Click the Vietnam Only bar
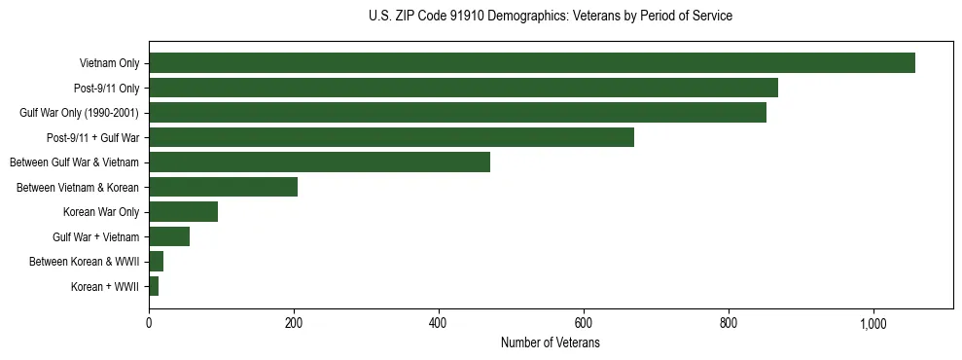pos(532,63)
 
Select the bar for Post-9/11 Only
pos(463,88)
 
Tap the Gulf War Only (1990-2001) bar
pos(457,113)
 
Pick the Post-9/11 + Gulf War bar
pos(391,137)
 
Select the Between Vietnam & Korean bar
pos(223,187)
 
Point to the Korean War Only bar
pos(183,212)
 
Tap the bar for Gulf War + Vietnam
pos(169,236)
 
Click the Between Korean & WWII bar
pos(156,262)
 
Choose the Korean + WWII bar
pos(154,286)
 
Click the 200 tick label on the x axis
pos(294,324)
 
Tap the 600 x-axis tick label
pos(584,324)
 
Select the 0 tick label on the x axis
pos(149,324)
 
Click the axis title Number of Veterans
pos(550,343)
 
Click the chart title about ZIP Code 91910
pos(551,17)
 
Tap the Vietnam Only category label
pos(109,64)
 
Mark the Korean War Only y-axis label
pos(101,212)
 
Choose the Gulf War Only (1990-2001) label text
pos(79,113)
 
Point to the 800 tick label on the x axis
pos(729,324)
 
